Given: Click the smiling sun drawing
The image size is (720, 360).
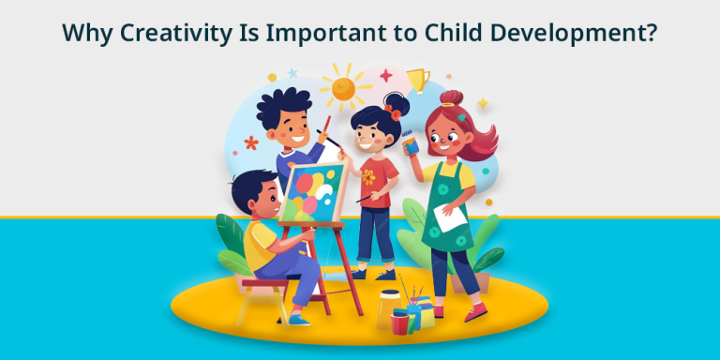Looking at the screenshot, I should [x=345, y=89].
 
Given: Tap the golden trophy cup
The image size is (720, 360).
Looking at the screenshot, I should [x=417, y=81].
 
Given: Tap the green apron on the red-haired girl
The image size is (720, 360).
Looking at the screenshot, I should [x=448, y=216].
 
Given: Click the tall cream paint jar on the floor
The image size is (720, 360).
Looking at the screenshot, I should [x=388, y=307].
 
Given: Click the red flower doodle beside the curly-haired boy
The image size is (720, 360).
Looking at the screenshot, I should [x=250, y=142].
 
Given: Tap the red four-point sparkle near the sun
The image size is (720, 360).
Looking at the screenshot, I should [x=386, y=75].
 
